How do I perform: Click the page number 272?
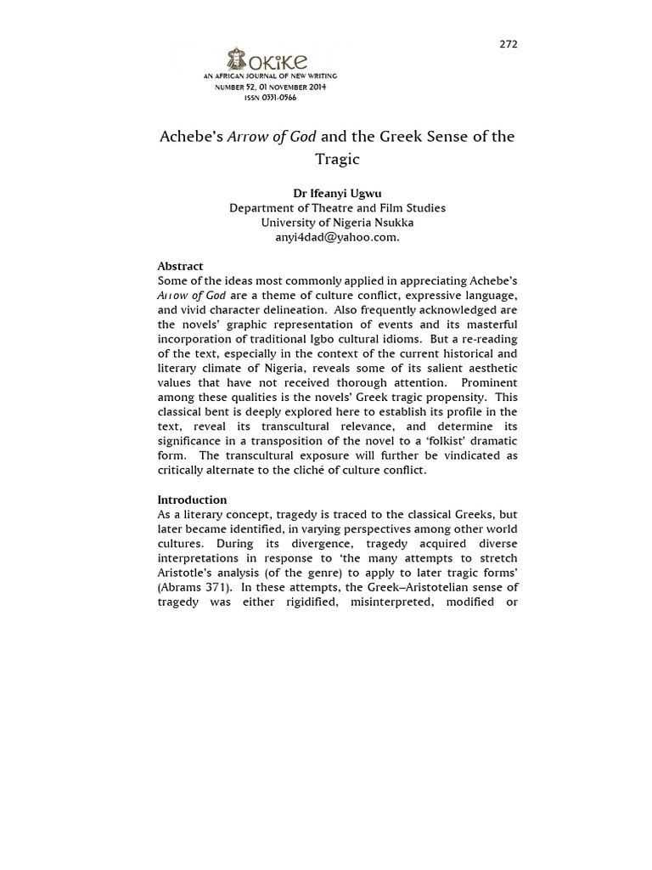508,44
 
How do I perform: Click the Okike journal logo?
267,60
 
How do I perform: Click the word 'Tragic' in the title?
337,159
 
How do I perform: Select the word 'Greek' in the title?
396,136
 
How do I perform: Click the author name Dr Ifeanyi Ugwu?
337,193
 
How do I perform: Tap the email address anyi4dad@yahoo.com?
337,237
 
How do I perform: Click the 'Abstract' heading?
180,266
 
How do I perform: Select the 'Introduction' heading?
192,500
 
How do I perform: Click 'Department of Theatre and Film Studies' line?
337,208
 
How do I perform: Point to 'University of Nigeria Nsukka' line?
337,223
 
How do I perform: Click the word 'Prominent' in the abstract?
489,382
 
